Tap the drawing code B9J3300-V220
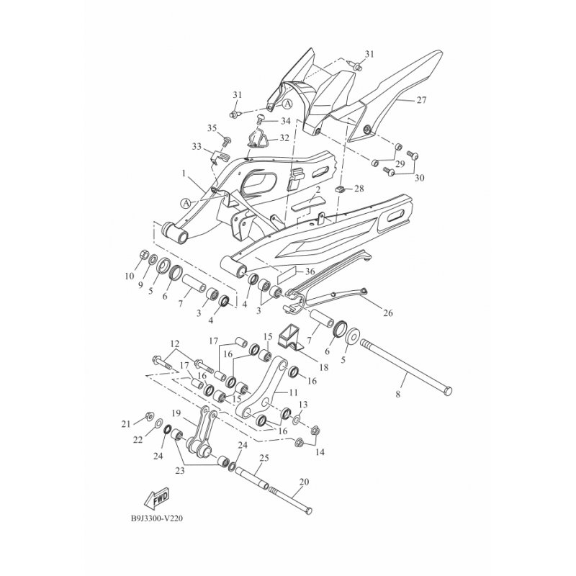pos(157,518)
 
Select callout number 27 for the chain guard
pos(421,100)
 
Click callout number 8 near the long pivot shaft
pos(398,395)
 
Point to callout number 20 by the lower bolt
pos(304,482)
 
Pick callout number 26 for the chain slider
pos(388,313)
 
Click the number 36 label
pos(310,271)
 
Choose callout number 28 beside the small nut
pos(359,189)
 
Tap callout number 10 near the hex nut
pos(130,276)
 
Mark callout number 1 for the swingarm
pos(184,174)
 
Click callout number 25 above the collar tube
pos(264,458)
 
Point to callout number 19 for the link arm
pos(176,413)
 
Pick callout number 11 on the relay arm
pos(293,392)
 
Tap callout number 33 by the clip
pos(197,147)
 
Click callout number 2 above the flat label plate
pos(318,190)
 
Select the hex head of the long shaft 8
pos(448,392)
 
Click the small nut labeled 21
pos(150,416)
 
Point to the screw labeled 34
pos(260,118)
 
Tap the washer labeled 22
pos(158,424)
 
